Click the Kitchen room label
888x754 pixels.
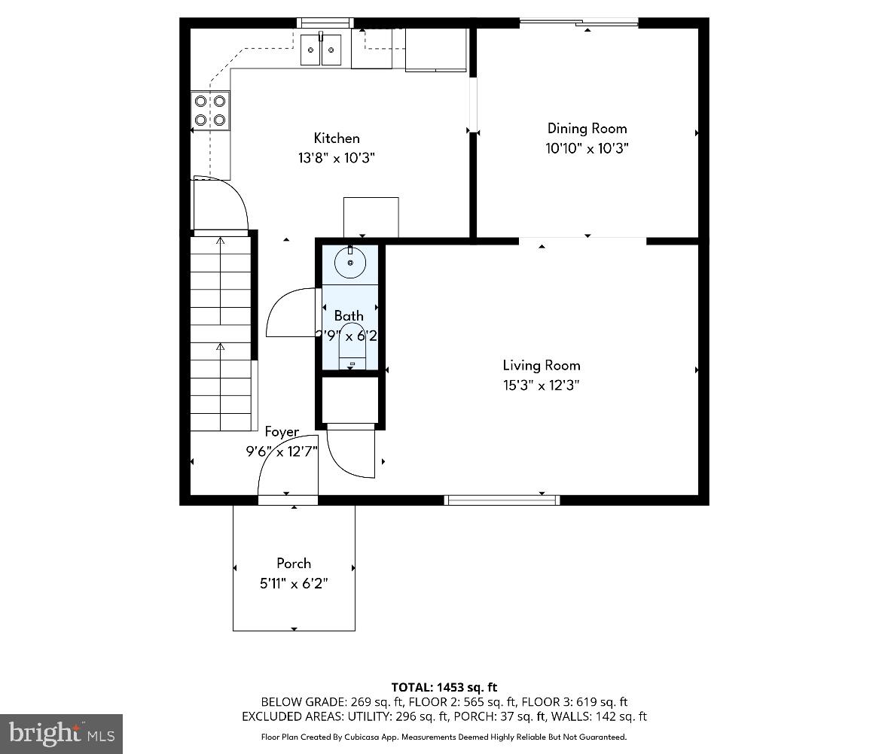click(x=337, y=138)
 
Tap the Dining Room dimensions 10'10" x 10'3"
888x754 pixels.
click(x=587, y=149)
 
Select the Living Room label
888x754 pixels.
click(x=541, y=366)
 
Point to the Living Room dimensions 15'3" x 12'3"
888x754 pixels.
click(x=541, y=386)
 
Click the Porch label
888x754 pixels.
click(x=294, y=564)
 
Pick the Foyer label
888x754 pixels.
click(x=282, y=432)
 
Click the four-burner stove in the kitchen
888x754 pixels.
click(x=210, y=110)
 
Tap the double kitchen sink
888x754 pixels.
click(x=321, y=50)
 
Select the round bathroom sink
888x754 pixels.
click(x=350, y=263)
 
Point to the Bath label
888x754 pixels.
click(x=349, y=316)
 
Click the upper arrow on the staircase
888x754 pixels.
click(x=220, y=242)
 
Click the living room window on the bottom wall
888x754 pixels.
click(x=502, y=500)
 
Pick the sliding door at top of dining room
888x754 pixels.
click(x=578, y=23)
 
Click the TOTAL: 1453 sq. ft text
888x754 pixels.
click(x=444, y=687)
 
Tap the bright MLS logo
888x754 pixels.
click(x=62, y=733)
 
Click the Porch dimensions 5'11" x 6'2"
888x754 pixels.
click(x=294, y=583)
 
